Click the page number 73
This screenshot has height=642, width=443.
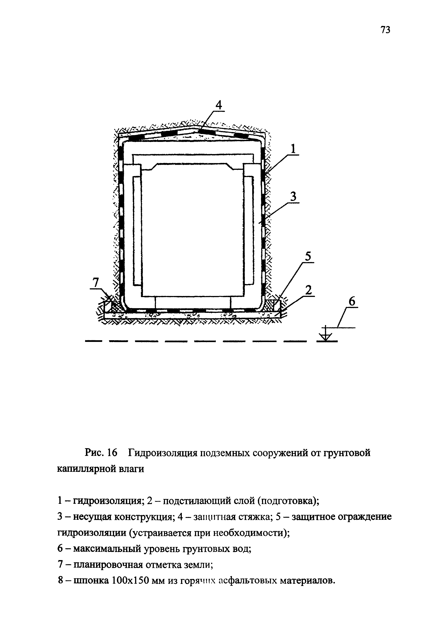tap(385, 30)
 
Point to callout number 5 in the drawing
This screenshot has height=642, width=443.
tap(308, 257)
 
